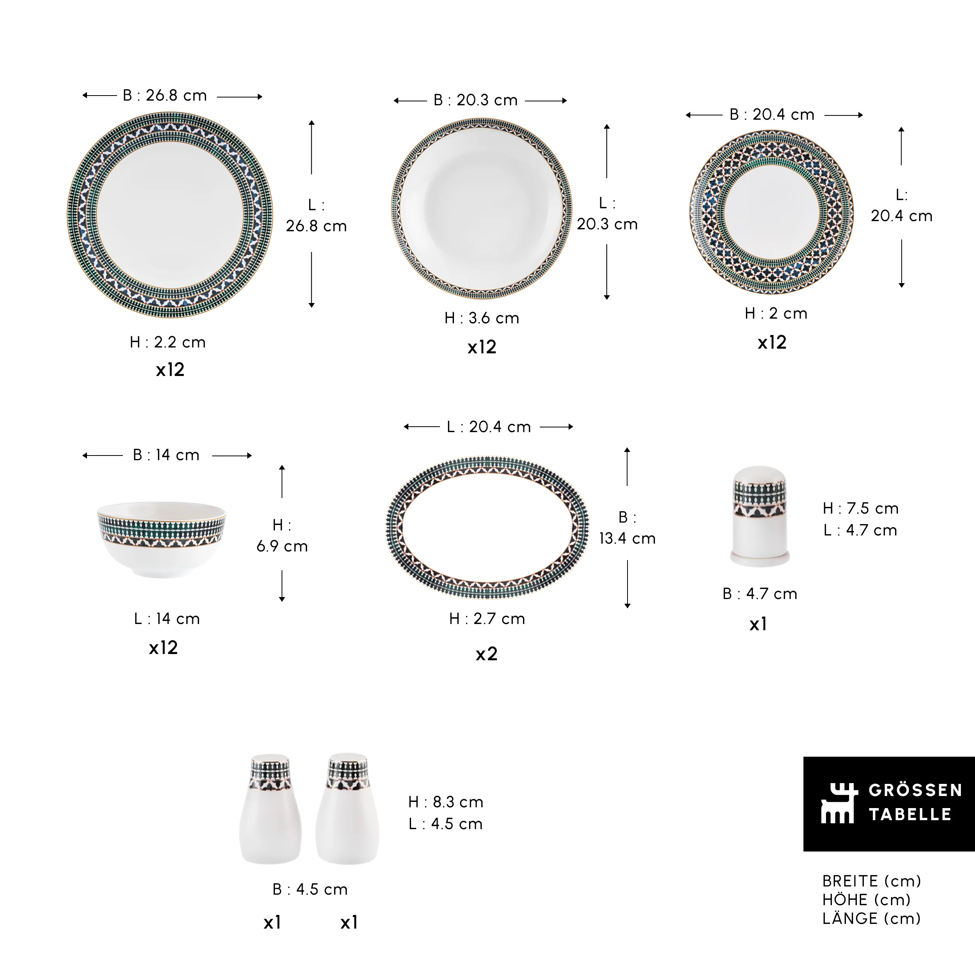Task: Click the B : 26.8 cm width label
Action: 165,96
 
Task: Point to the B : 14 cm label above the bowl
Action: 166,455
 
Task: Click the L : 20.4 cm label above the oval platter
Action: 489,427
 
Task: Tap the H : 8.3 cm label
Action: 446,801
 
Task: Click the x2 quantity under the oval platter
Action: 486,654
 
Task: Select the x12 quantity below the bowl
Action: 163,647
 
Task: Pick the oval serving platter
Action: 487,527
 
